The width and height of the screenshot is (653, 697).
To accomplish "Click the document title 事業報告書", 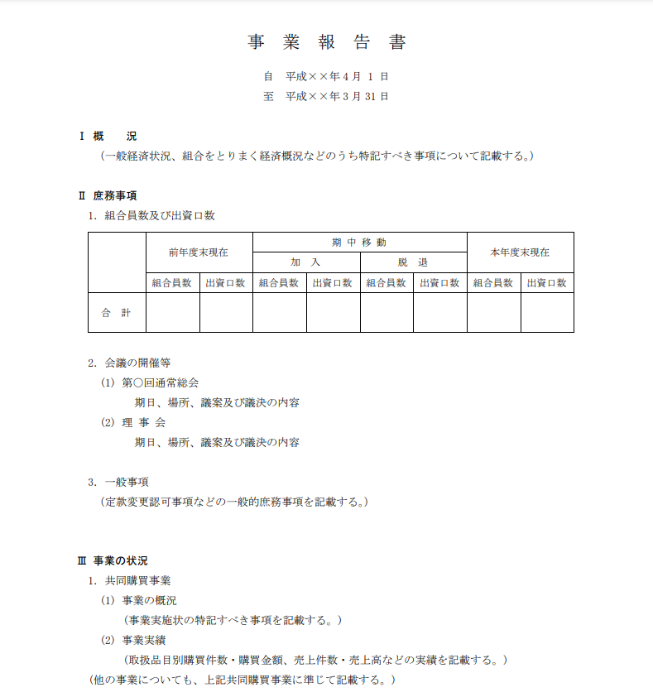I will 327,42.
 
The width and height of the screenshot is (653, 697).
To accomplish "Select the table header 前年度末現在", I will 199,252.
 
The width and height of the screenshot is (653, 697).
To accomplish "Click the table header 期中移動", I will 359,242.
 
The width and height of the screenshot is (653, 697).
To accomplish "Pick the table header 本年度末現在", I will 520,252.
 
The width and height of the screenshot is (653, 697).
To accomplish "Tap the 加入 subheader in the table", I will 305,262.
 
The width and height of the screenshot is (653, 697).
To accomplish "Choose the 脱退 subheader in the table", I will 412,262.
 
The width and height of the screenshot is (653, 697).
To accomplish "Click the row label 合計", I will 116,313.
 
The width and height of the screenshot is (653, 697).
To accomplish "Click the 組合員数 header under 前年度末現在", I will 172,282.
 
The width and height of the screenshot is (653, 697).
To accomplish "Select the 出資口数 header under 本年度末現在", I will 547,282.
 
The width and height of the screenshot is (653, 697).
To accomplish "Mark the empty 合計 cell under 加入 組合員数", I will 279,313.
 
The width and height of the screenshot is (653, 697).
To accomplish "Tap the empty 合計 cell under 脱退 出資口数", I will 439,313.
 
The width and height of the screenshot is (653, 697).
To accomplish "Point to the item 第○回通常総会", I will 160,382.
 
